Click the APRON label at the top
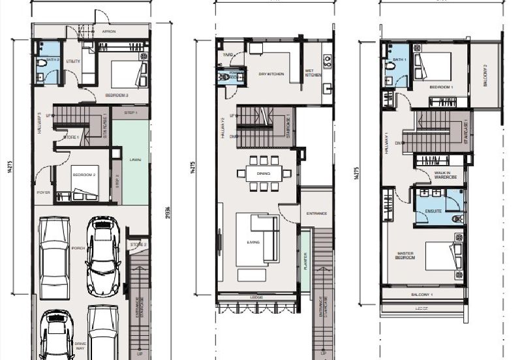click(109, 31)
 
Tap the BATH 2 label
click(53, 59)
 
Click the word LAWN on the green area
click(136, 158)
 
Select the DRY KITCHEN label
click(271, 74)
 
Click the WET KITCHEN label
click(313, 73)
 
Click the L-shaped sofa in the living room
click(257, 240)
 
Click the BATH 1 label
click(399, 60)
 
